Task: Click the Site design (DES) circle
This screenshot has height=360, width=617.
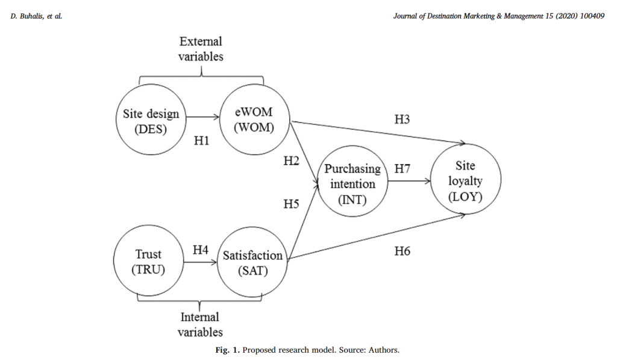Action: [150, 121]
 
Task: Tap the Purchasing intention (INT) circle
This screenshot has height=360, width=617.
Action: [352, 183]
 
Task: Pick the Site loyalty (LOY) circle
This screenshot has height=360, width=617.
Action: [465, 181]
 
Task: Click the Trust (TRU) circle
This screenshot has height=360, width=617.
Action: [148, 262]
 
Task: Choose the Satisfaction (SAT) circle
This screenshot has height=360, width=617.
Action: [252, 263]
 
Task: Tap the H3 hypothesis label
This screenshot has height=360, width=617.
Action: [402, 119]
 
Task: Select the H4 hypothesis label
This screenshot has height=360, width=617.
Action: [201, 248]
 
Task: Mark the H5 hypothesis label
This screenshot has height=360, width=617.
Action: [291, 204]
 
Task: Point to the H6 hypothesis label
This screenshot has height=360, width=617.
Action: [402, 250]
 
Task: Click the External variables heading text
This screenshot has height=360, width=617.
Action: [201, 49]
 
